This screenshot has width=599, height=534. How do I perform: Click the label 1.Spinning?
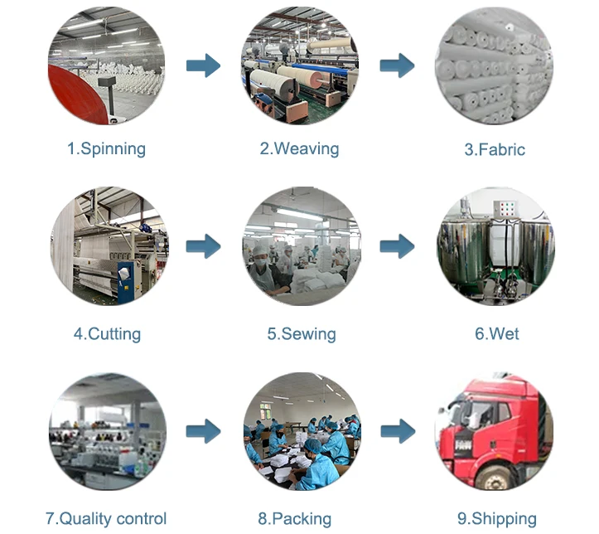[x=106, y=149]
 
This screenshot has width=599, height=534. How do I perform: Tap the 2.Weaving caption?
[x=299, y=149]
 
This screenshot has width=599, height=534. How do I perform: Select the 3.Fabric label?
[x=495, y=150]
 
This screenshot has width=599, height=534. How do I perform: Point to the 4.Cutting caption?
[x=107, y=334]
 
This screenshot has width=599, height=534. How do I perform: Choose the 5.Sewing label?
[x=301, y=334]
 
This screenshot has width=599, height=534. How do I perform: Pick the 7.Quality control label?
[x=106, y=519]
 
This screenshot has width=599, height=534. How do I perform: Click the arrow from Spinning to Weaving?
[x=203, y=66]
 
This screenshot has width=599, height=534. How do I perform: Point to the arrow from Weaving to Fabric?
[x=397, y=66]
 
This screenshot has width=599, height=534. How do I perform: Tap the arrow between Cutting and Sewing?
[x=203, y=246]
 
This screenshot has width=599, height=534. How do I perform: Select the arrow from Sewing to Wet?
[x=397, y=246]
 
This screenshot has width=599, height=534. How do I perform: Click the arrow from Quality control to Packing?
[x=203, y=431]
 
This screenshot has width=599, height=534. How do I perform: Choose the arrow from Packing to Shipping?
[x=397, y=431]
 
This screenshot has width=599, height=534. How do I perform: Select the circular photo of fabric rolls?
[x=495, y=66]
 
